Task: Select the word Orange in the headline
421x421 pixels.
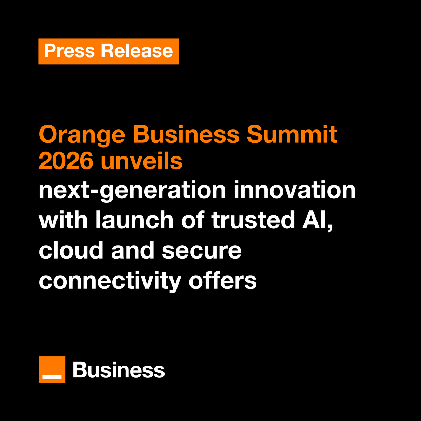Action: coord(82,135)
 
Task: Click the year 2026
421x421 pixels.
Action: coord(66,161)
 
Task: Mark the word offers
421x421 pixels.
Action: coord(223,281)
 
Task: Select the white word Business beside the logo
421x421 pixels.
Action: coord(119,370)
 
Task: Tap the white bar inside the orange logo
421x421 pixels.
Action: coord(52,377)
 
